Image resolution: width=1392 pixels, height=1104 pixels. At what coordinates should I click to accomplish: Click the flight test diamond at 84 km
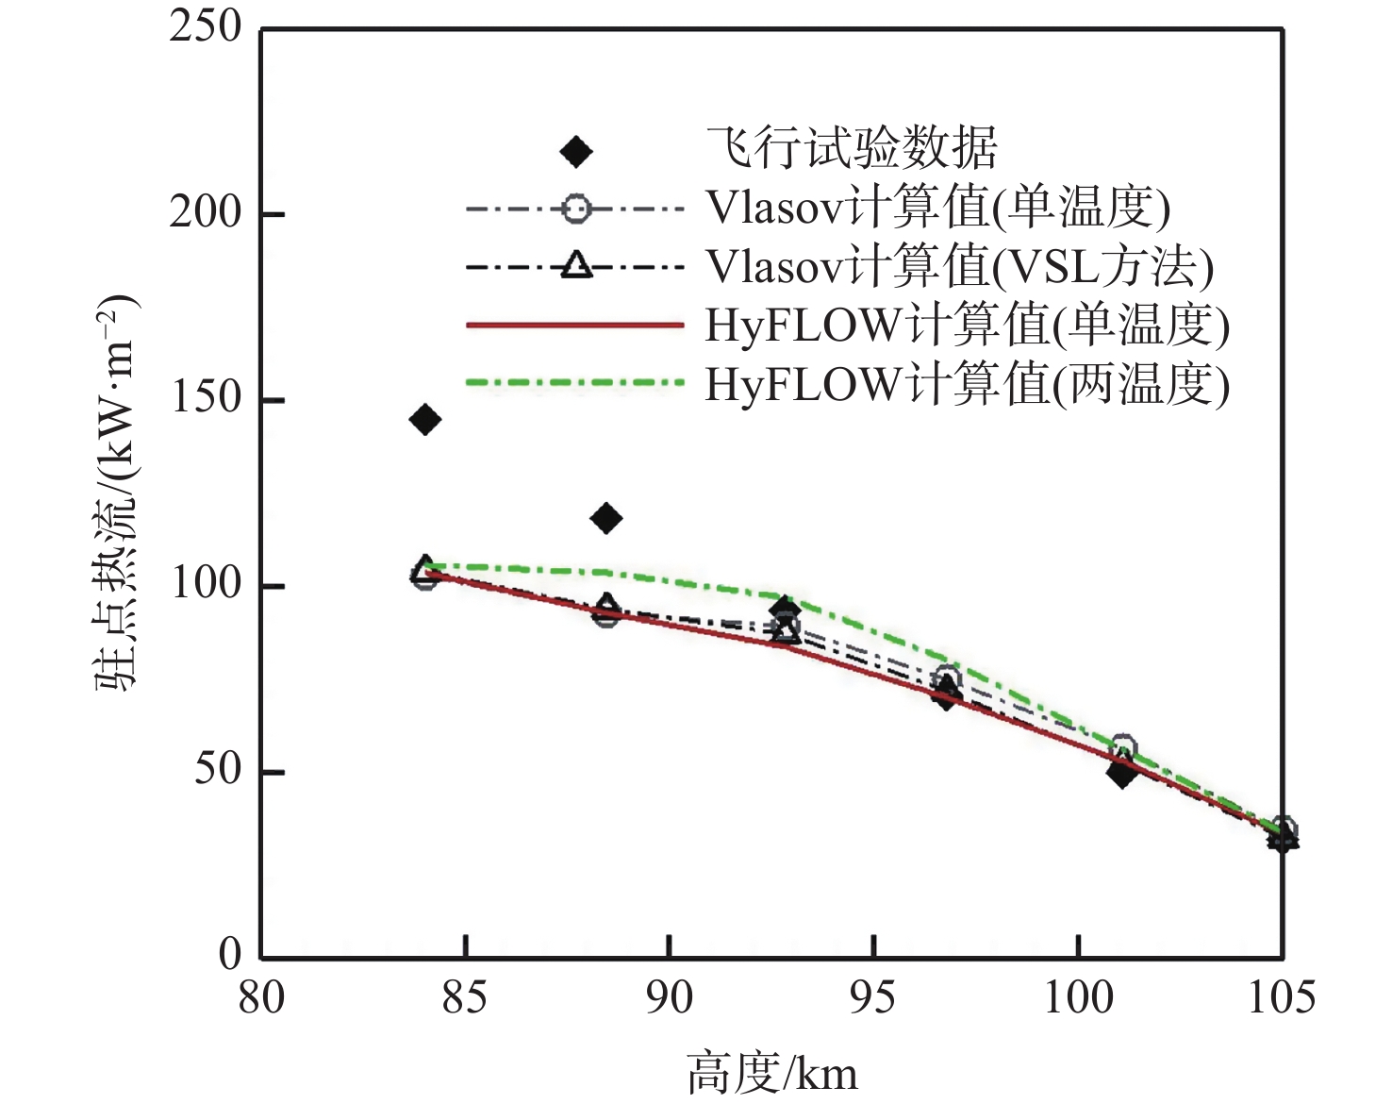(x=425, y=419)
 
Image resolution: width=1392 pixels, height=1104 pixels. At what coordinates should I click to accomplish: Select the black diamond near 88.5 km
(x=606, y=518)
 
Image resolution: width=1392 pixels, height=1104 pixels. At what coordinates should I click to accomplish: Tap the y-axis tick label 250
(x=206, y=27)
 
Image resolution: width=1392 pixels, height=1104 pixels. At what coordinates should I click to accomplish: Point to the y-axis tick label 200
(x=206, y=212)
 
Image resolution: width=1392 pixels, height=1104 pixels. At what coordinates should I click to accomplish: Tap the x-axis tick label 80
(x=261, y=998)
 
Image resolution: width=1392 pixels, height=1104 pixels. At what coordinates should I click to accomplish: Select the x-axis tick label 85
(x=465, y=998)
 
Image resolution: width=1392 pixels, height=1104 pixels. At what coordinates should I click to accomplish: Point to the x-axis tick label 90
(x=669, y=998)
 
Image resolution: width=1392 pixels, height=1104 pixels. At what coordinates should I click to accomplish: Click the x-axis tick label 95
(x=873, y=998)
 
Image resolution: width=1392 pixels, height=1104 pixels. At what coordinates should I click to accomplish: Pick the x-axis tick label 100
(x=1078, y=998)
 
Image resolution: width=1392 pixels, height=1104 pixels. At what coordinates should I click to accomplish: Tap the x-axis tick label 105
(x=1281, y=998)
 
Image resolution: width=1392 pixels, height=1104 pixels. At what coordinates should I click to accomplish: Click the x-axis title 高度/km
(x=772, y=1074)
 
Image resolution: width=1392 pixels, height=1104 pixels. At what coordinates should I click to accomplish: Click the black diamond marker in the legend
(x=576, y=151)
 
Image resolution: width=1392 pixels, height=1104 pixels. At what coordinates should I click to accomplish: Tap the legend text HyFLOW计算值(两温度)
(x=968, y=385)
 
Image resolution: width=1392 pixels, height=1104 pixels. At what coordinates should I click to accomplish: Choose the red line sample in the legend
(x=574, y=326)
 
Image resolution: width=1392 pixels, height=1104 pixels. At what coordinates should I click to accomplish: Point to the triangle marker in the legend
(x=576, y=266)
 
